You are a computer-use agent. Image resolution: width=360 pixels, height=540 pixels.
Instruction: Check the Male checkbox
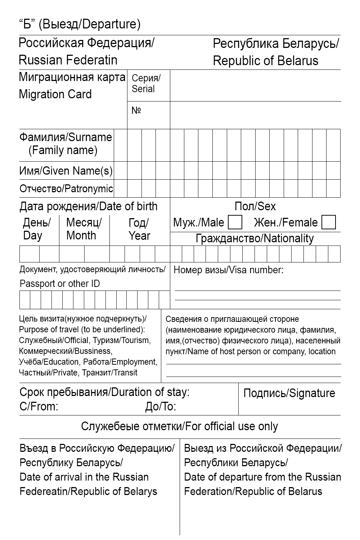tap(235, 222)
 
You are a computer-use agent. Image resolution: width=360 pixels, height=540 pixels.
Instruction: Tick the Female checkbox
tap(328, 222)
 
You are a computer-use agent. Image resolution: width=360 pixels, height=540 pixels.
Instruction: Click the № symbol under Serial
tap(136, 111)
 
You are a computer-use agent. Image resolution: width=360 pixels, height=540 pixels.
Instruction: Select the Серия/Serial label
tap(146, 84)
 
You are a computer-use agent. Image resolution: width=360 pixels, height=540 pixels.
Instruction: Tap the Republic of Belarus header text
tap(265, 60)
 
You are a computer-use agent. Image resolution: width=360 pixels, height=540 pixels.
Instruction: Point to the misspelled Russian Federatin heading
tap(68, 60)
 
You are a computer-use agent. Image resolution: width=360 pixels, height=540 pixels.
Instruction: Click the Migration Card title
tap(55, 94)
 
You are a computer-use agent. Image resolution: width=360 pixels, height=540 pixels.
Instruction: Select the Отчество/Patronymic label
tap(66, 189)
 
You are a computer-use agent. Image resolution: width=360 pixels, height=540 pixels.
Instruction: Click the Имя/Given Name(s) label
tap(66, 171)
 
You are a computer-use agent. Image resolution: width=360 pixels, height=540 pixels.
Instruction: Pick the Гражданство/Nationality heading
tap(255, 238)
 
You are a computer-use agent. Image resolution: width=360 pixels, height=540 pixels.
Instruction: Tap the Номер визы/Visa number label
tap(228, 270)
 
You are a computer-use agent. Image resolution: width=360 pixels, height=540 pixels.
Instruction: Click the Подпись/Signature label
tap(289, 393)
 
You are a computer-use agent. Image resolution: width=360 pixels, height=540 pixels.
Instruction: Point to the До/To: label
tap(161, 407)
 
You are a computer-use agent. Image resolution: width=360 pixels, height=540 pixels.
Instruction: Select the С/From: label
tap(39, 407)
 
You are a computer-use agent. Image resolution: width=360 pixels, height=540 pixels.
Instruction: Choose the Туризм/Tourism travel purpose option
tap(122, 340)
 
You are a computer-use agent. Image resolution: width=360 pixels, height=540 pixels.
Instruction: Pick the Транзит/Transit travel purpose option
tap(109, 373)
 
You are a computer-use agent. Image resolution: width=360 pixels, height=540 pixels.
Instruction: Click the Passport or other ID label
tap(60, 284)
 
